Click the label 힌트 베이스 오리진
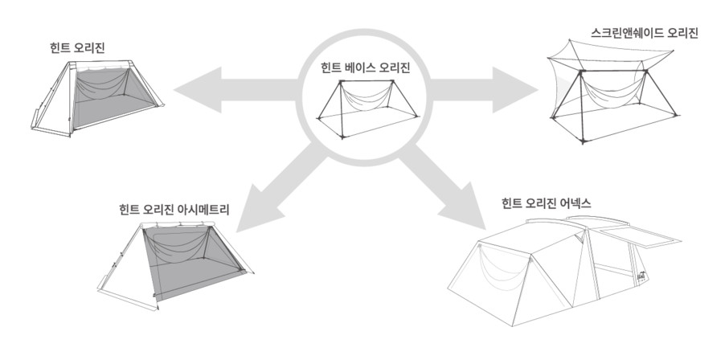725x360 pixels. pos(365,68)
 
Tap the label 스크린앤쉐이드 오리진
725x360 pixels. pos(644,33)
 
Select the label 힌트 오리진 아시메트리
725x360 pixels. pos(174,210)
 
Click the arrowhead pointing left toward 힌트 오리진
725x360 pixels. pos(198,89)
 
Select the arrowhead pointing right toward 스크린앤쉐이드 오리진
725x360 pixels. pos(514,90)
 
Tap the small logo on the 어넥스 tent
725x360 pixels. pos(641,275)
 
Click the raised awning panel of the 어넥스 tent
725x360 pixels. pos(641,236)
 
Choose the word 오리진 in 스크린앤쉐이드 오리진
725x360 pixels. pos(682,33)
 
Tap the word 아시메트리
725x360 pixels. pos(204,210)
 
